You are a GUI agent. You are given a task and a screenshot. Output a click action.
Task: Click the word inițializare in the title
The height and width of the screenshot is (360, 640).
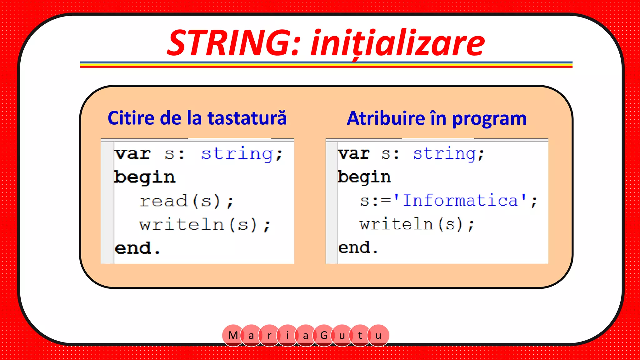coord(397,44)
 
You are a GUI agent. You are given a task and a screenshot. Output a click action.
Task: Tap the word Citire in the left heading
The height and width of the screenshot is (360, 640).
coord(131,118)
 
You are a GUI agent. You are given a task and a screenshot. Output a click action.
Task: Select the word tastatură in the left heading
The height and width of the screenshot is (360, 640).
coord(247,118)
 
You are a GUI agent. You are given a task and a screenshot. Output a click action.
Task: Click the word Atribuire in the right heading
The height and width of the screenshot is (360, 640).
coord(386,119)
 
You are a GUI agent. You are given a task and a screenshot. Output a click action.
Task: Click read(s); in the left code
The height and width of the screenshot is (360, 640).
coord(187,201)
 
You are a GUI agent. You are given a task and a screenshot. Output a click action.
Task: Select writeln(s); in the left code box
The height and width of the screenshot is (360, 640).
coord(205,225)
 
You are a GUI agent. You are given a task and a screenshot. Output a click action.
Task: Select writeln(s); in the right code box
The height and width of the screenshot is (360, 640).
coord(417,224)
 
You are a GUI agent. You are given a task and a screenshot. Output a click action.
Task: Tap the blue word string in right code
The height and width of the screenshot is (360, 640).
coord(445,154)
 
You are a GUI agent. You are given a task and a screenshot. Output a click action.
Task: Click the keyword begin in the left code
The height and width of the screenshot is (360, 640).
coord(144,177)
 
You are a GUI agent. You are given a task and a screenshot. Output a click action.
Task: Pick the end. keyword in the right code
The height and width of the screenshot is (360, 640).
coord(357,248)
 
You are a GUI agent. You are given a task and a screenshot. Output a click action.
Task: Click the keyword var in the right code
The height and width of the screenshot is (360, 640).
coord(354,154)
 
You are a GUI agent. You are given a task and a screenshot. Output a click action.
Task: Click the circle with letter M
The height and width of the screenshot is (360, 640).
coord(233,336)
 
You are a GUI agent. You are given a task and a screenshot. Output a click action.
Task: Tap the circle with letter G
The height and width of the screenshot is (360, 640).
coord(324,336)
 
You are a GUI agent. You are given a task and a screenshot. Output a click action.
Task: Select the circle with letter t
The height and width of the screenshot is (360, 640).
coord(360,336)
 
